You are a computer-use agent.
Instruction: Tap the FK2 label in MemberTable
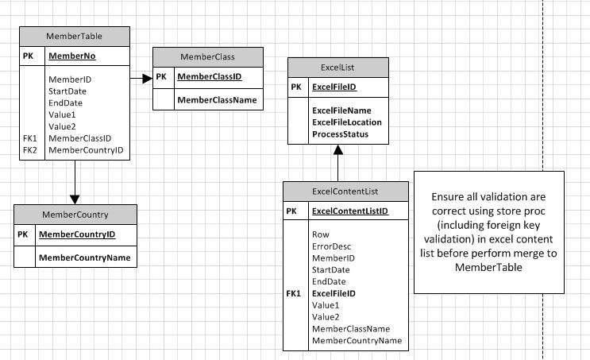[30, 149]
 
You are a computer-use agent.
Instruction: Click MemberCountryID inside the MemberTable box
[85, 149]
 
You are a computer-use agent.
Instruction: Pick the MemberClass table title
[207, 57]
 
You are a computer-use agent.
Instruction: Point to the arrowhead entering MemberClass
[147, 78]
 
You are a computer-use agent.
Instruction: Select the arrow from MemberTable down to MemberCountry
[74, 184]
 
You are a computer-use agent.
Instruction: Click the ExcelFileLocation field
[347, 122]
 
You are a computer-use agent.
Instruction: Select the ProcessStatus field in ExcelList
[340, 134]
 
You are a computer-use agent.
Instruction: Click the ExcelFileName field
[341, 110]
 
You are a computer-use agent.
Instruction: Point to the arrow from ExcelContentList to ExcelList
[337, 167]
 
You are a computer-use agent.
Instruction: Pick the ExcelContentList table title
[345, 191]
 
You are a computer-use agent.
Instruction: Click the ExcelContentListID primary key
[349, 211]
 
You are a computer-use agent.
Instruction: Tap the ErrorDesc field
[332, 246]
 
